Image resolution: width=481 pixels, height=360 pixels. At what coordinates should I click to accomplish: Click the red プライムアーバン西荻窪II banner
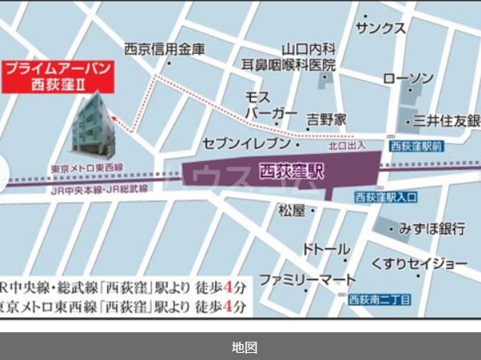click(58, 76)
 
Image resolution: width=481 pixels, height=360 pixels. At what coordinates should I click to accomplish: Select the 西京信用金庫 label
click(164, 49)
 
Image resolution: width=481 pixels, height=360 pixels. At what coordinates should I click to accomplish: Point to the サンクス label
click(381, 29)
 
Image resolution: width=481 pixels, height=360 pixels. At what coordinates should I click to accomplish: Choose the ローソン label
click(408, 79)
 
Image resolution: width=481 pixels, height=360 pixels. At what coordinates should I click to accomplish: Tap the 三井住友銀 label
click(445, 121)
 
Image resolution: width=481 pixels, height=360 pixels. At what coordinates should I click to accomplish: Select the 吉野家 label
click(327, 120)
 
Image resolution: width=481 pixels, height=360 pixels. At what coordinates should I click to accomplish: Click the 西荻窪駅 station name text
click(293, 170)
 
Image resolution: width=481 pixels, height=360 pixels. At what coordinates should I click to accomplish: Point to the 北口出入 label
click(347, 146)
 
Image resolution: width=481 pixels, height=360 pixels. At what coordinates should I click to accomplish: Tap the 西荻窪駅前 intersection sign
click(415, 147)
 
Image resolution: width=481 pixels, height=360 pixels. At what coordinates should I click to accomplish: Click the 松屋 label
click(291, 211)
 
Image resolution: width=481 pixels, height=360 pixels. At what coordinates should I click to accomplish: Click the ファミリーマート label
click(307, 281)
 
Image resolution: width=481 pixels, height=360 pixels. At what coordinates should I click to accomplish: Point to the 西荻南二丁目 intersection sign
click(379, 300)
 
